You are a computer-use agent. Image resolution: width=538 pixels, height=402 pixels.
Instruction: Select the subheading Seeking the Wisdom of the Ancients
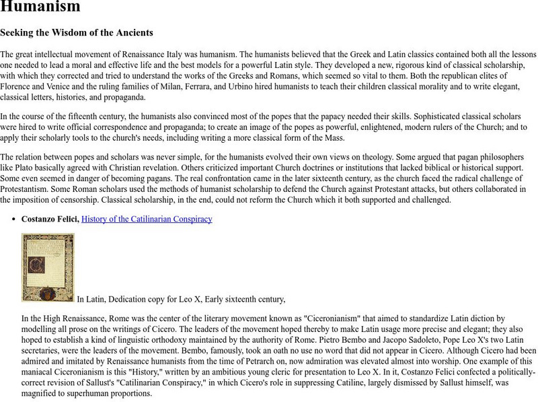(77, 32)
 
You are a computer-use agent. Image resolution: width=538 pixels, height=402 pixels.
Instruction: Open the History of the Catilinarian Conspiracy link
(147, 219)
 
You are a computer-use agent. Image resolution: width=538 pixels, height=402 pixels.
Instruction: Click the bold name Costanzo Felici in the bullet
(50, 219)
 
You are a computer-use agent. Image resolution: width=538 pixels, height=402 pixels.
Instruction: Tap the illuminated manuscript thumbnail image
(48, 267)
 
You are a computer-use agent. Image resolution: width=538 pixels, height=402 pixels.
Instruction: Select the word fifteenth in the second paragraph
(79, 116)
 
